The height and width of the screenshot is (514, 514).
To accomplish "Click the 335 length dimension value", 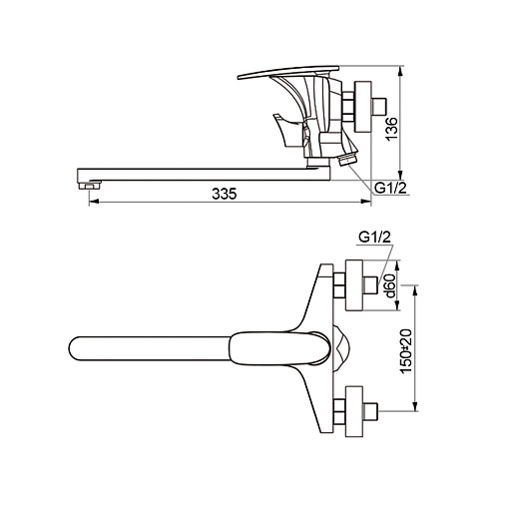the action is click(x=225, y=194).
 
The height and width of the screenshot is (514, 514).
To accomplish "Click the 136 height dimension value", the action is click(x=391, y=129).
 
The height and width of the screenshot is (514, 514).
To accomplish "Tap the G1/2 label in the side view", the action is click(x=390, y=188).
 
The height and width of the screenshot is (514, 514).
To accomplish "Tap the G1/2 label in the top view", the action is click(x=374, y=237).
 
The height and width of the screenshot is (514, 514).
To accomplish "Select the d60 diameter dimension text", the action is click(x=389, y=286).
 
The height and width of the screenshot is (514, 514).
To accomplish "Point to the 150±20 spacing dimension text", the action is click(x=406, y=351).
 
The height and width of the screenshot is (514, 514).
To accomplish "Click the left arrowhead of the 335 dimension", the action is click(x=94, y=202).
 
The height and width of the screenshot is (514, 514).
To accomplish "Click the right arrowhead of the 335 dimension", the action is click(x=366, y=202).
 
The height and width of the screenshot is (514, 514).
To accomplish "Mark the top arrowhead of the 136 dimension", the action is click(x=401, y=71).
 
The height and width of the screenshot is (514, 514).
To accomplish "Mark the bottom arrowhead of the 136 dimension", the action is click(x=401, y=176).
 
